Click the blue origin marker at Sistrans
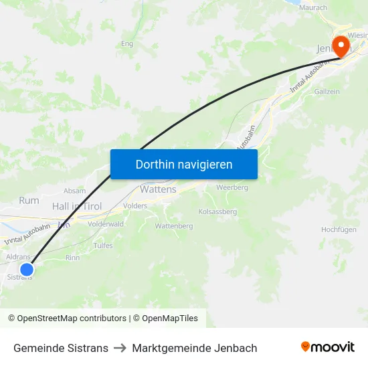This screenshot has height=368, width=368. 27,270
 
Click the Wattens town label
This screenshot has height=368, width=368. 158,189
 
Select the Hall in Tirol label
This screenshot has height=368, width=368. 77,207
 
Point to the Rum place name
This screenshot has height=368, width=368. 29,200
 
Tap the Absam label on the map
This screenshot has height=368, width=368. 74,191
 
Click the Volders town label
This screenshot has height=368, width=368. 135,206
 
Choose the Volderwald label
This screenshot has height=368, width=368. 105,224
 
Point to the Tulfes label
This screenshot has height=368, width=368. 103,246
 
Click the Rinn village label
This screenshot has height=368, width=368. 73,258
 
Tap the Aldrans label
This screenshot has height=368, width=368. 18,257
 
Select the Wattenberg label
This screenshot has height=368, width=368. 173,226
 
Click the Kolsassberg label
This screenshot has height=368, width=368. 218,211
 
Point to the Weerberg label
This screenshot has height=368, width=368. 232,188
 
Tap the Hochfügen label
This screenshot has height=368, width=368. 339,229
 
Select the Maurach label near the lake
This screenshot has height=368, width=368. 313,7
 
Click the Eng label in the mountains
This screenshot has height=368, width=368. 126,44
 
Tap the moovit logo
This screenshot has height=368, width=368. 328,347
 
